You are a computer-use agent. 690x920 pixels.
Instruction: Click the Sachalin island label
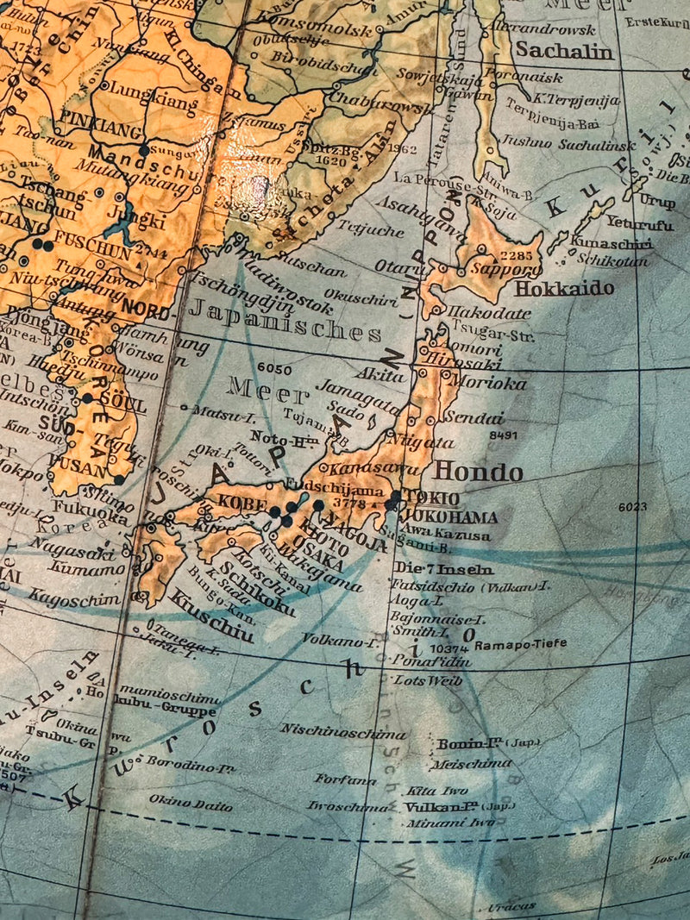coord(564,51)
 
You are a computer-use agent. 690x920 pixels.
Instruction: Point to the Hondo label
coord(478,472)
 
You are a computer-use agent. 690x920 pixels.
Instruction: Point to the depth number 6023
coord(632,507)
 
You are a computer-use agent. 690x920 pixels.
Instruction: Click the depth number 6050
coord(274,368)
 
